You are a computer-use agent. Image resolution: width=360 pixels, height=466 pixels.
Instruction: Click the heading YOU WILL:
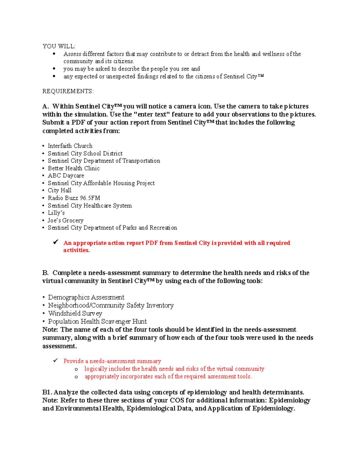[59, 46]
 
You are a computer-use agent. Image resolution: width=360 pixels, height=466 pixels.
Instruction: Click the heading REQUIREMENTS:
[68, 91]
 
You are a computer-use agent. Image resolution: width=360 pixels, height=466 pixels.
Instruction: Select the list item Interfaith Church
[70, 146]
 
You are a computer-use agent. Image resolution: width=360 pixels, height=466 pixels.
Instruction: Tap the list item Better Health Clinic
[73, 168]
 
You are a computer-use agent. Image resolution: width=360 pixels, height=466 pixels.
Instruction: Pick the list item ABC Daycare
[66, 176]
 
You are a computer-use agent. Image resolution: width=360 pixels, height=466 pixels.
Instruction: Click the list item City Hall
[59, 191]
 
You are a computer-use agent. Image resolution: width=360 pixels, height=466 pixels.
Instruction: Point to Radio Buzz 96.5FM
[74, 198]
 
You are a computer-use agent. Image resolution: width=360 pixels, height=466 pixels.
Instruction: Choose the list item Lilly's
[56, 213]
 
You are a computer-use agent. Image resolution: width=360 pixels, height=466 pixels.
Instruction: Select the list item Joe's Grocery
[65, 221]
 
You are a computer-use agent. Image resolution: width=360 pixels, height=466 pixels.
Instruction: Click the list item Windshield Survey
[75, 314]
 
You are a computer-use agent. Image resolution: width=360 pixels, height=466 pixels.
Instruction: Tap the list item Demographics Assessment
[86, 297]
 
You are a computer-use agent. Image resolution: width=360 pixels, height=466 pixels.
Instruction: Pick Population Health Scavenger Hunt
[97, 322]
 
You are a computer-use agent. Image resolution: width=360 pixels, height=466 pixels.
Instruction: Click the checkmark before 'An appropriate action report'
[55, 242]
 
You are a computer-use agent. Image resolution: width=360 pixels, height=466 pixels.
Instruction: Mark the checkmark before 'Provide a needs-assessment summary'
[55, 361]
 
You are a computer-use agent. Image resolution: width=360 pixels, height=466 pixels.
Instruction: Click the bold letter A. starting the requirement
[46, 107]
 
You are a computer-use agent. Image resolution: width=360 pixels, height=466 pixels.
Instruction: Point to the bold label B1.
[47, 392]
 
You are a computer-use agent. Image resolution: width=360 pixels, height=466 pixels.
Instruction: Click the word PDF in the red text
[151, 243]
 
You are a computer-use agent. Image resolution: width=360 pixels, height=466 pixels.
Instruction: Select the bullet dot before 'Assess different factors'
[54, 54]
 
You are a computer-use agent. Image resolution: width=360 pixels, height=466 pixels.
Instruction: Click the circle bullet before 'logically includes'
[76, 369]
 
